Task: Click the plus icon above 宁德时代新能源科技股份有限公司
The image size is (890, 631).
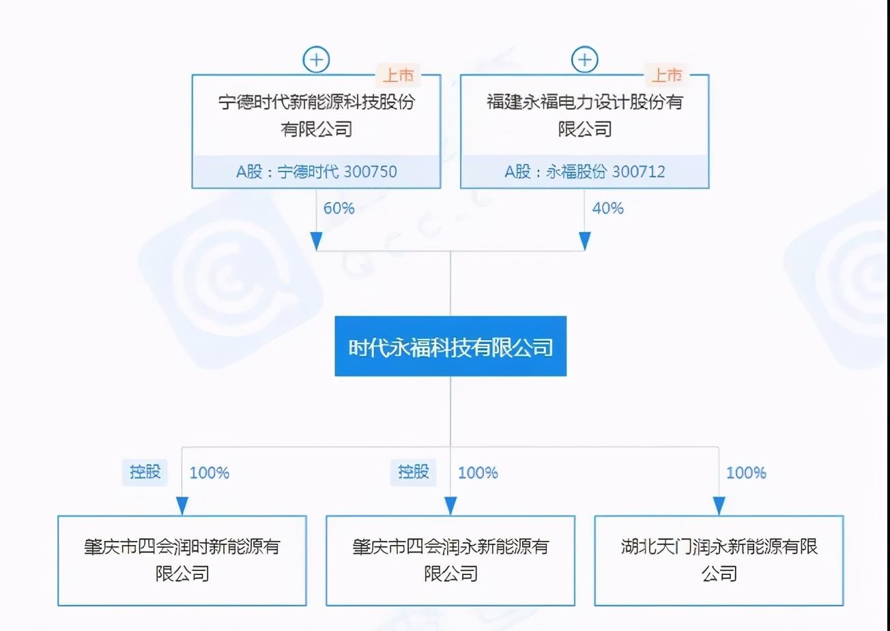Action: (316, 59)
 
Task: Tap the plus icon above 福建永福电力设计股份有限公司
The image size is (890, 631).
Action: (584, 59)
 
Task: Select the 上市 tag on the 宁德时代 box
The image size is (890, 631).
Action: (398, 74)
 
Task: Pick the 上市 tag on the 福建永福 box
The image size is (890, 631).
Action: (666, 74)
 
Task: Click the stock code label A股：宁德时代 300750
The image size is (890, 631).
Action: (316, 172)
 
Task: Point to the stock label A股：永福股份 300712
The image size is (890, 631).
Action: (584, 172)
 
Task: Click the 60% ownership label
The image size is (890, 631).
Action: (339, 208)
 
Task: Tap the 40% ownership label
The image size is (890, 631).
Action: (607, 208)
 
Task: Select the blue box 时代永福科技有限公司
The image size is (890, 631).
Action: (450, 346)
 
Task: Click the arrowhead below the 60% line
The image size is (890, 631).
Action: (316, 240)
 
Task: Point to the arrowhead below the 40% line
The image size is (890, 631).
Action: (584, 240)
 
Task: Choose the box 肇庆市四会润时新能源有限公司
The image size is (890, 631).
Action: (182, 560)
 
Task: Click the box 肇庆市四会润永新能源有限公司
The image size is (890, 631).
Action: (450, 560)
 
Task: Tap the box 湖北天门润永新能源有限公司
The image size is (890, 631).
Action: (719, 560)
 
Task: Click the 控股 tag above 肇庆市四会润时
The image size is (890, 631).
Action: (145, 472)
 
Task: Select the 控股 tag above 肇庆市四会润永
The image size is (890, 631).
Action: (414, 472)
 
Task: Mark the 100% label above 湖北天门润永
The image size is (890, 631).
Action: (745, 473)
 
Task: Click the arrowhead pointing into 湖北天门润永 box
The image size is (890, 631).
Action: (719, 506)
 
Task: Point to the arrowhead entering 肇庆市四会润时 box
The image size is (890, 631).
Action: (182, 506)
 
